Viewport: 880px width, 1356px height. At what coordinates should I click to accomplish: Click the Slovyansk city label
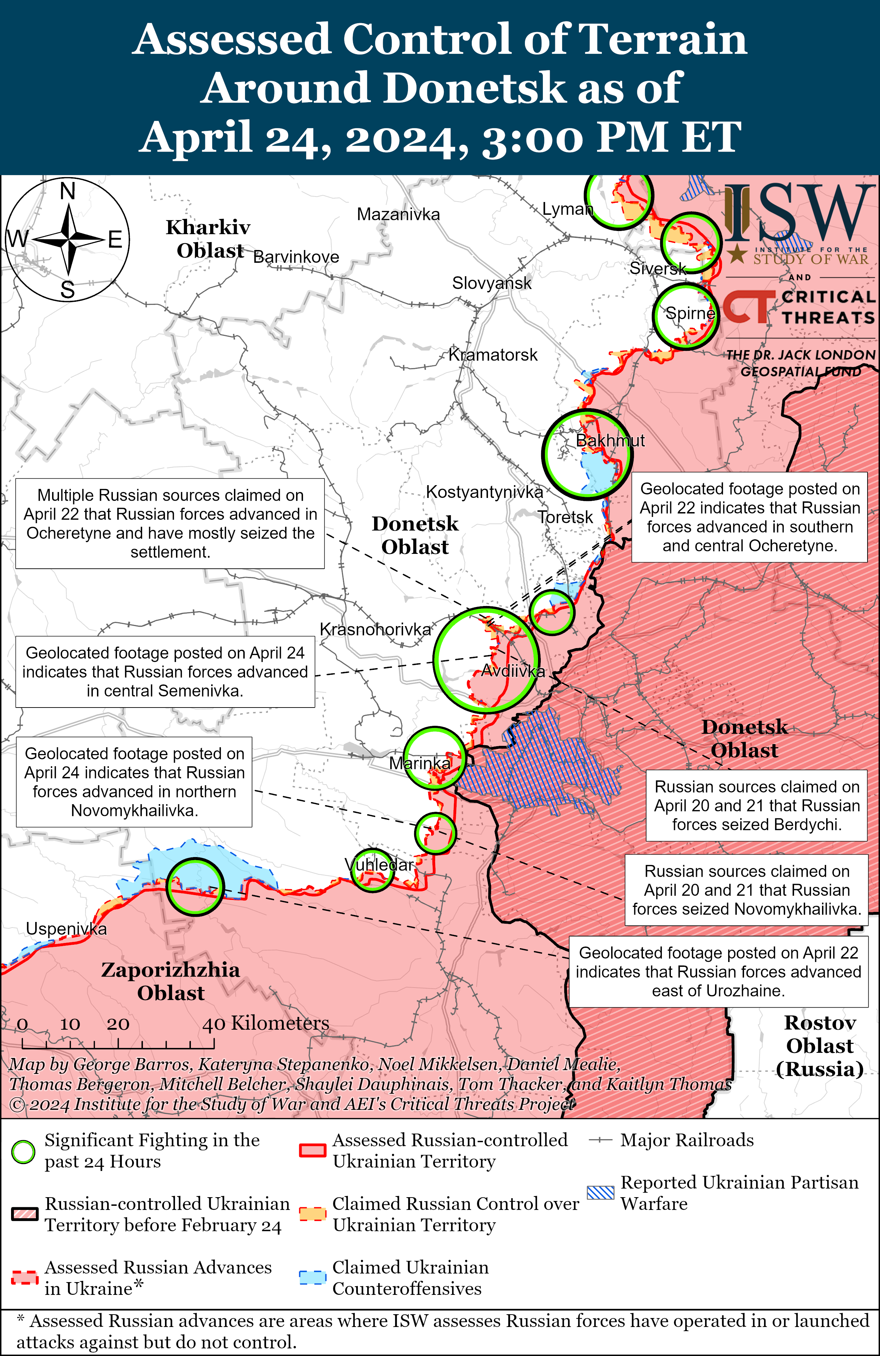click(491, 283)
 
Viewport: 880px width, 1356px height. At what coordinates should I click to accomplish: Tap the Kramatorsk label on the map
click(493, 355)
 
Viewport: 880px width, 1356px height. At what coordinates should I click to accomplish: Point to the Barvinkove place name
click(296, 257)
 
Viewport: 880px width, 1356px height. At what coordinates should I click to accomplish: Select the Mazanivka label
click(398, 215)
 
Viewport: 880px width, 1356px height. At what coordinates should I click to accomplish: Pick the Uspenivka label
click(66, 929)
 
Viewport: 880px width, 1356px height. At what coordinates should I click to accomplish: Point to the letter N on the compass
click(68, 191)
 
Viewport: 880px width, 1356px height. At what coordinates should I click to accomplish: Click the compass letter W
click(17, 238)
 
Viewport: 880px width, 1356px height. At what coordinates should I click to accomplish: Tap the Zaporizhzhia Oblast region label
click(170, 981)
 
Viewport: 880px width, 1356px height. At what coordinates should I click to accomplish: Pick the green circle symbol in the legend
click(23, 1152)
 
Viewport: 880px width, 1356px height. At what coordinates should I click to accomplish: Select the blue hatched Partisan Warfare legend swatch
click(600, 1192)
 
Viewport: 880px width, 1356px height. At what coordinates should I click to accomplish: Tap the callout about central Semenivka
click(165, 672)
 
